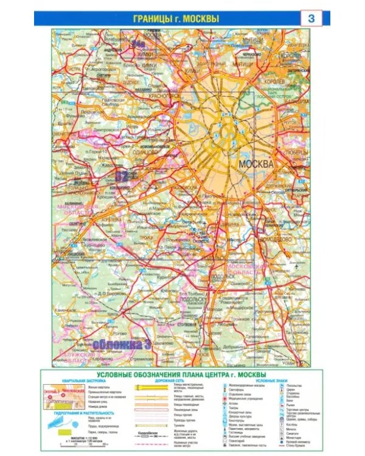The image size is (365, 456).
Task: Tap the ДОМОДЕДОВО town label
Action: [273, 240]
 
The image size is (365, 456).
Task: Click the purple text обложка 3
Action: [122, 344]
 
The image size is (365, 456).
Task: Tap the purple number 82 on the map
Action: [121, 176]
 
